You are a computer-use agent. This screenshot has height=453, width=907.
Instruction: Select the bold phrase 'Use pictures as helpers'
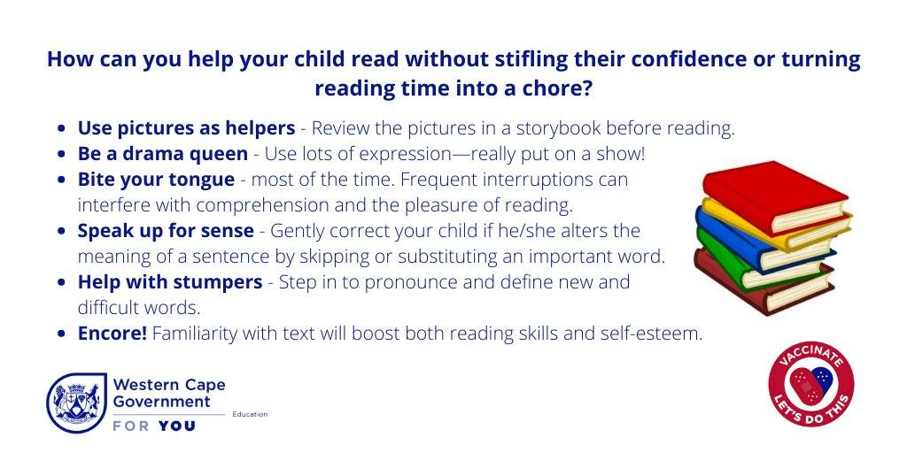(x=186, y=129)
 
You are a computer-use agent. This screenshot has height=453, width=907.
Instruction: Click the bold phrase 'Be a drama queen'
(x=163, y=154)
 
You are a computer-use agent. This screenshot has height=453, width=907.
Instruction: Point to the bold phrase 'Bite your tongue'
(x=156, y=180)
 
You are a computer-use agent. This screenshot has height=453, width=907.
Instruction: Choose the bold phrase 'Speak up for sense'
(x=166, y=231)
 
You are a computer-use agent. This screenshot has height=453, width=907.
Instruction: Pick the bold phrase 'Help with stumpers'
(x=170, y=282)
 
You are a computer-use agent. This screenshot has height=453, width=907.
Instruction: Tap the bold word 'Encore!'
(x=112, y=334)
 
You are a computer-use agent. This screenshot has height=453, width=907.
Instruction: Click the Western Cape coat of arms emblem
(x=76, y=403)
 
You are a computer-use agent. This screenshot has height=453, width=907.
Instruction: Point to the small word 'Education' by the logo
(x=250, y=414)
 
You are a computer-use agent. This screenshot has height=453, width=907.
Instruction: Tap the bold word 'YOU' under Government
(x=177, y=426)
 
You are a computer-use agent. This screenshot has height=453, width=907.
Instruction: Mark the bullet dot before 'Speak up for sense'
(x=62, y=231)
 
